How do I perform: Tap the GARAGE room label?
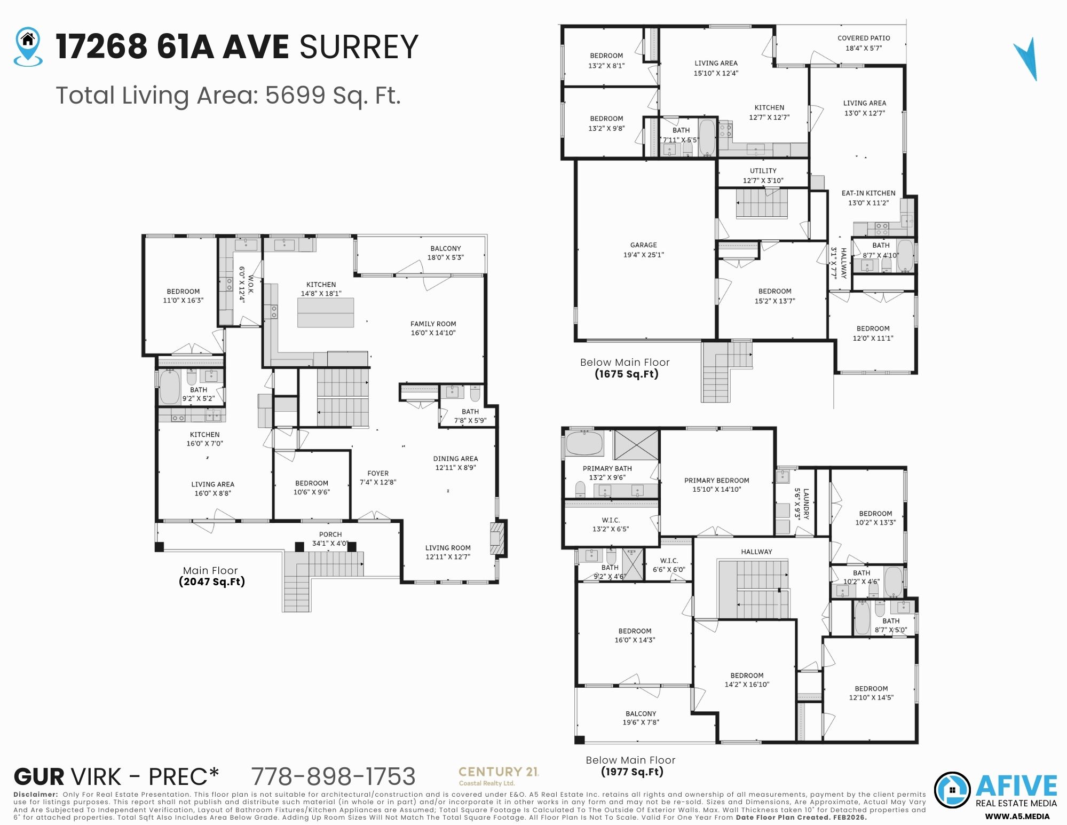pyautogui.click(x=643, y=245)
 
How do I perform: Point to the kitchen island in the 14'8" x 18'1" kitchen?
pyautogui.click(x=326, y=312)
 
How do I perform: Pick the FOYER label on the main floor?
pyautogui.click(x=378, y=473)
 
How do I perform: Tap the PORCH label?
pyautogui.click(x=330, y=535)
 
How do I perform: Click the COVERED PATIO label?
pyautogui.click(x=864, y=38)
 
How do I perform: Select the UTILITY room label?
pyautogui.click(x=763, y=171)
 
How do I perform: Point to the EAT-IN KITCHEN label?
pyautogui.click(x=868, y=193)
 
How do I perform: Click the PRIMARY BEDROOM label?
pyautogui.click(x=717, y=481)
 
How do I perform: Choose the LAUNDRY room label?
pyautogui.click(x=806, y=504)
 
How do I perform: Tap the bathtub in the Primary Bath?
pyautogui.click(x=584, y=443)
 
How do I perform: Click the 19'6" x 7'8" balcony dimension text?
pyautogui.click(x=641, y=722)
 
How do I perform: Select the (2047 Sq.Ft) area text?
pyautogui.click(x=212, y=582)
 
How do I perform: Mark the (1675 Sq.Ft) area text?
pyautogui.click(x=627, y=374)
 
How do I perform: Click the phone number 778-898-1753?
pyautogui.click(x=333, y=776)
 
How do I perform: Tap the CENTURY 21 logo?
pyautogui.click(x=499, y=776)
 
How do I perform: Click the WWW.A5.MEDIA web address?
pyautogui.click(x=1017, y=816)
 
